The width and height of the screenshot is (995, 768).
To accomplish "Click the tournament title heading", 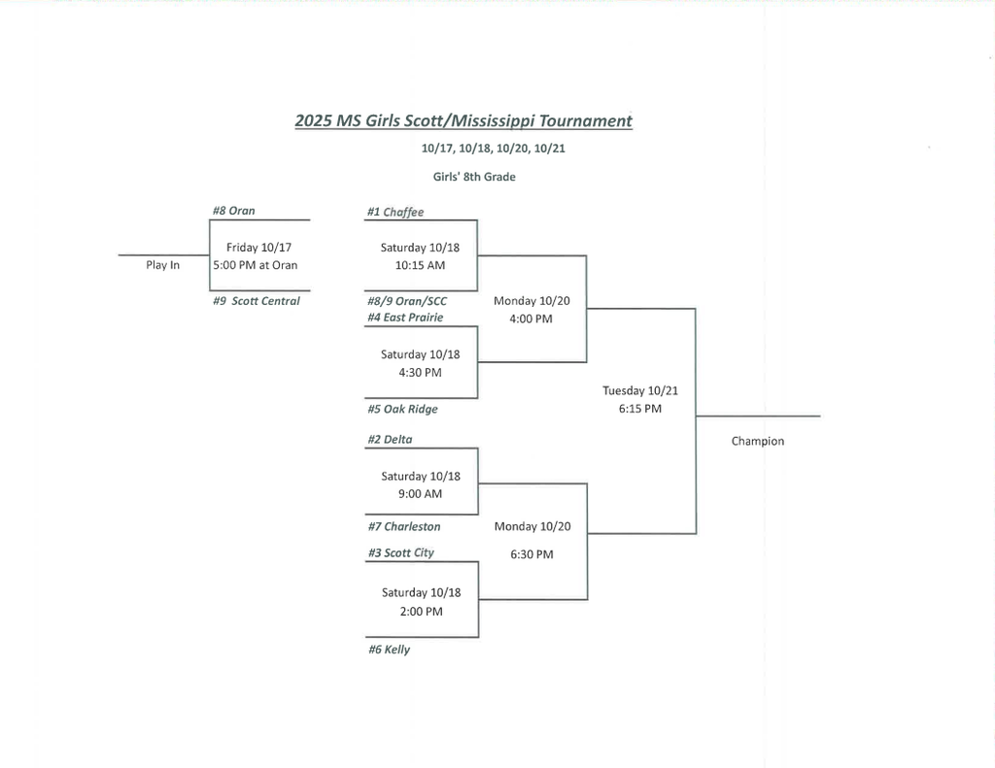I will click(x=463, y=121).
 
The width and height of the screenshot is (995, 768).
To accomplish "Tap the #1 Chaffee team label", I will click(x=395, y=213).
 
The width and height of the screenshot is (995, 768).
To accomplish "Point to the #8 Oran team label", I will click(x=234, y=211).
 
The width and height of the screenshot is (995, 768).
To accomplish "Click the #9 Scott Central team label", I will click(x=257, y=301).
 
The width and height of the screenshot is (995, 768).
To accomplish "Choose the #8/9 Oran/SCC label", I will click(x=407, y=301).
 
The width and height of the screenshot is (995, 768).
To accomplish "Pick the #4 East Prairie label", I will click(x=405, y=317).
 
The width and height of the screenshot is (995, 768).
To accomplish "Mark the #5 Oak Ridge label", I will click(x=402, y=410).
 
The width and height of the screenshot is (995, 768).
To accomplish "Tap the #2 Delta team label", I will click(x=390, y=440).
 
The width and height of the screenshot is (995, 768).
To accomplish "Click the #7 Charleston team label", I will click(x=404, y=527).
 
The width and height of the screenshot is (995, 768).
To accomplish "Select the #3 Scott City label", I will click(x=401, y=553).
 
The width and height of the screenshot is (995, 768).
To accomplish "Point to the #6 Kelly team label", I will click(x=389, y=651).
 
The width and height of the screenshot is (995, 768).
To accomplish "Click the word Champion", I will click(x=758, y=442).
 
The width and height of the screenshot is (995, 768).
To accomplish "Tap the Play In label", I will click(x=163, y=265).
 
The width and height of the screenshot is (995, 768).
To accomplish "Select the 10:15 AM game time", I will click(x=421, y=265).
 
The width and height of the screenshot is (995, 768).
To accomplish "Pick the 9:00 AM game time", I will click(x=421, y=494).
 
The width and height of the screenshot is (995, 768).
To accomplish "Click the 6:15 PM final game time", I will click(x=640, y=409).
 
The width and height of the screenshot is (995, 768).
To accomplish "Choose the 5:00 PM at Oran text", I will click(x=256, y=265).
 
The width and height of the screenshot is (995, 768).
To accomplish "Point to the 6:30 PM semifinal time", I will click(x=532, y=554).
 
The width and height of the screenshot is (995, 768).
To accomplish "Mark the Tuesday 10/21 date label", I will click(x=640, y=391).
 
